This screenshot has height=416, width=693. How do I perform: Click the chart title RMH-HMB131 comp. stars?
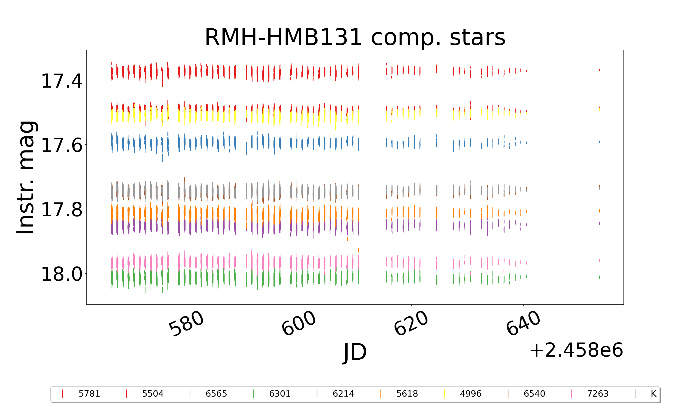[x=355, y=37]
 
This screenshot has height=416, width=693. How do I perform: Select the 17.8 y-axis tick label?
[x=62, y=210]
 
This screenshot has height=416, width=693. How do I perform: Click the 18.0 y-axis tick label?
[x=62, y=274]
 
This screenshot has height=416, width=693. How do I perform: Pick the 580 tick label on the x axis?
[x=186, y=324]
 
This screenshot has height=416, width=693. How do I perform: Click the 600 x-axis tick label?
[x=299, y=324]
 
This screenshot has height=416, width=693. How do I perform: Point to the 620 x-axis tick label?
[x=411, y=324]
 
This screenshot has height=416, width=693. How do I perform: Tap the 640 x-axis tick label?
[x=523, y=324]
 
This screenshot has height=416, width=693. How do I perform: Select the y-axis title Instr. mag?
[x=26, y=177]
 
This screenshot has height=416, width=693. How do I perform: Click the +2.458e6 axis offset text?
[x=576, y=350]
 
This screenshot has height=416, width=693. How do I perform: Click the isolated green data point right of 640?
[x=599, y=277]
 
